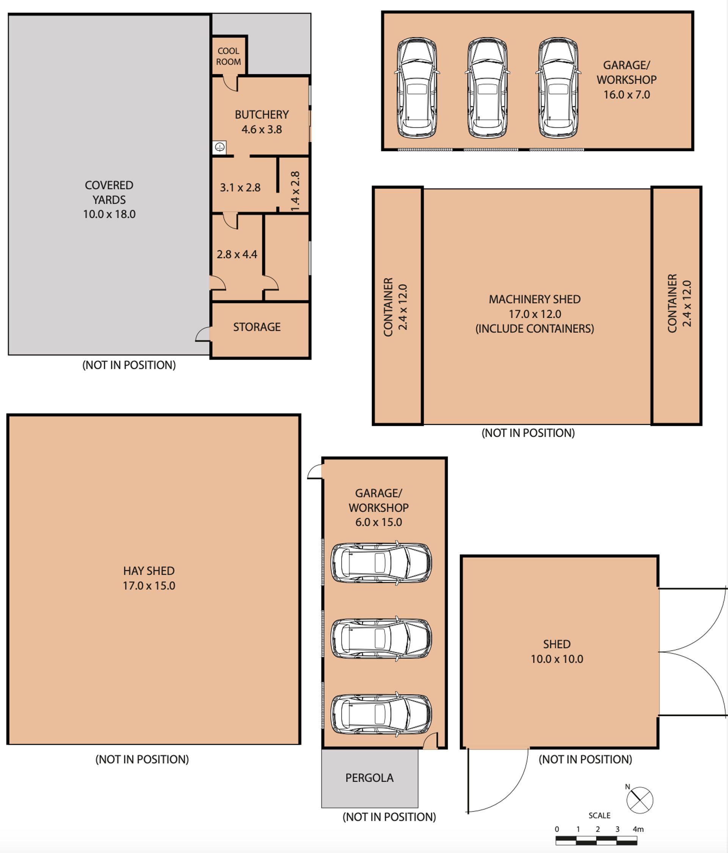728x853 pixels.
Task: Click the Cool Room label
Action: tap(229, 56)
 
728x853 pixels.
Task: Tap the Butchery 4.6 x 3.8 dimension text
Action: tap(262, 129)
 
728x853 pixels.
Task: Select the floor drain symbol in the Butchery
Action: tap(220, 147)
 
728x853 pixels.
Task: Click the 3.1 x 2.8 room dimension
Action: tap(240, 188)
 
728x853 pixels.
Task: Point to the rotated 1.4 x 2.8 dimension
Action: tap(295, 191)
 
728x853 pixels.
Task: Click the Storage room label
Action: tap(257, 327)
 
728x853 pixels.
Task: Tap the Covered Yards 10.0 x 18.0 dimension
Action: tap(109, 214)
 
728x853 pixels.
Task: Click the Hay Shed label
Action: tap(149, 571)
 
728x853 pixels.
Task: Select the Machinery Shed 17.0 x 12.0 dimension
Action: tap(535, 314)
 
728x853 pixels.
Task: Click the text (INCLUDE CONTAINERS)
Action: tap(535, 329)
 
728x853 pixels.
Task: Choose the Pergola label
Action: tap(369, 778)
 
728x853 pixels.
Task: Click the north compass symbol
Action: tap(640, 800)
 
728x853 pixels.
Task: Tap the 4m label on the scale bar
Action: tap(638, 829)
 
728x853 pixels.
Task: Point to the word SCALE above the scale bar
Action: tap(599, 815)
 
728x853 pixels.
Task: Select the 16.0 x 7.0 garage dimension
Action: tap(627, 95)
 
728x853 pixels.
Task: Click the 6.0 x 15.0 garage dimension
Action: tap(378, 522)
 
